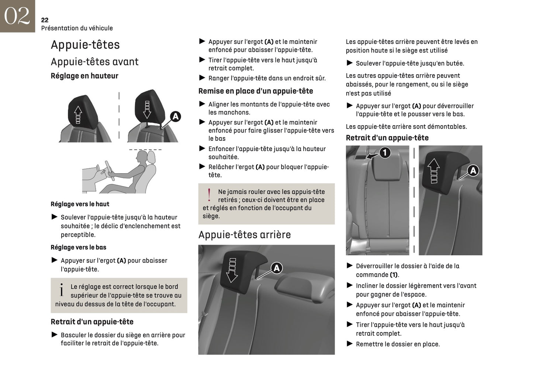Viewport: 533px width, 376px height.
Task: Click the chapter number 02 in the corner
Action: click(17, 16)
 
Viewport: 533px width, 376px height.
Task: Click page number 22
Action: click(45, 20)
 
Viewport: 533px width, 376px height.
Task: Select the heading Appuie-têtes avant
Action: click(95, 62)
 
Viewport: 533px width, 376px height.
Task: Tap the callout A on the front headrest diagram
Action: click(176, 116)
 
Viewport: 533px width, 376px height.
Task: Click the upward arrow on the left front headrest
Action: click(78, 114)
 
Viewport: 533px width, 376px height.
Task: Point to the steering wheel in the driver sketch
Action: click(109, 170)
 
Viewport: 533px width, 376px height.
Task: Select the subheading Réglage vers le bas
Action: click(78, 247)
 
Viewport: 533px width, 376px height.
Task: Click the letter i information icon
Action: click(61, 290)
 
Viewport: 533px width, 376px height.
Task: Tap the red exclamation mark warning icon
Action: click(209, 195)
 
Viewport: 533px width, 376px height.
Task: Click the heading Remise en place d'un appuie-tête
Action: click(256, 91)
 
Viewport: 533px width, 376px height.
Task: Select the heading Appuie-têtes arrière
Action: click(245, 235)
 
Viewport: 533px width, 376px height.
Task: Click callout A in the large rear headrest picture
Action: click(277, 268)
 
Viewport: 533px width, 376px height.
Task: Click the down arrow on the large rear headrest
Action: click(232, 270)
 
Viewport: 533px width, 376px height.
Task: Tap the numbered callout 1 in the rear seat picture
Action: click(385, 152)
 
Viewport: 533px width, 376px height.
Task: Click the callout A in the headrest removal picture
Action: click(473, 170)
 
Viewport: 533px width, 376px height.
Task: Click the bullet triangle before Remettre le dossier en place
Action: click(350, 343)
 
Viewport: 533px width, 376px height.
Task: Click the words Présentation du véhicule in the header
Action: click(77, 28)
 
